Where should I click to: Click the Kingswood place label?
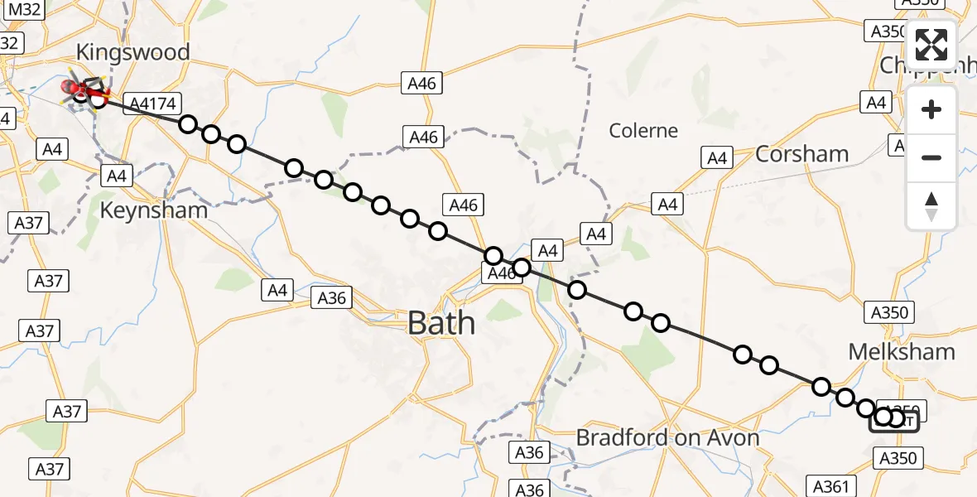tap(132, 52)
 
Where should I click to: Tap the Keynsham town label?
tap(153, 210)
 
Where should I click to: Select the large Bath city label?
tap(441, 322)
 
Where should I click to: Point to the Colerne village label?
tap(643, 131)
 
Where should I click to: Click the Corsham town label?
tap(801, 154)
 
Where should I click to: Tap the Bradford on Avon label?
tap(667, 437)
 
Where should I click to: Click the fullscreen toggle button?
tap(931, 45)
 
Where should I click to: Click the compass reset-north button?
tap(931, 206)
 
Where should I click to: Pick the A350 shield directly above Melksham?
tap(891, 313)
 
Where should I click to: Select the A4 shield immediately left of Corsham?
tap(717, 157)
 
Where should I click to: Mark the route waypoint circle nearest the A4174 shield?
tap(188, 124)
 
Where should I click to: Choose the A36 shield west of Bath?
tap(332, 298)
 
